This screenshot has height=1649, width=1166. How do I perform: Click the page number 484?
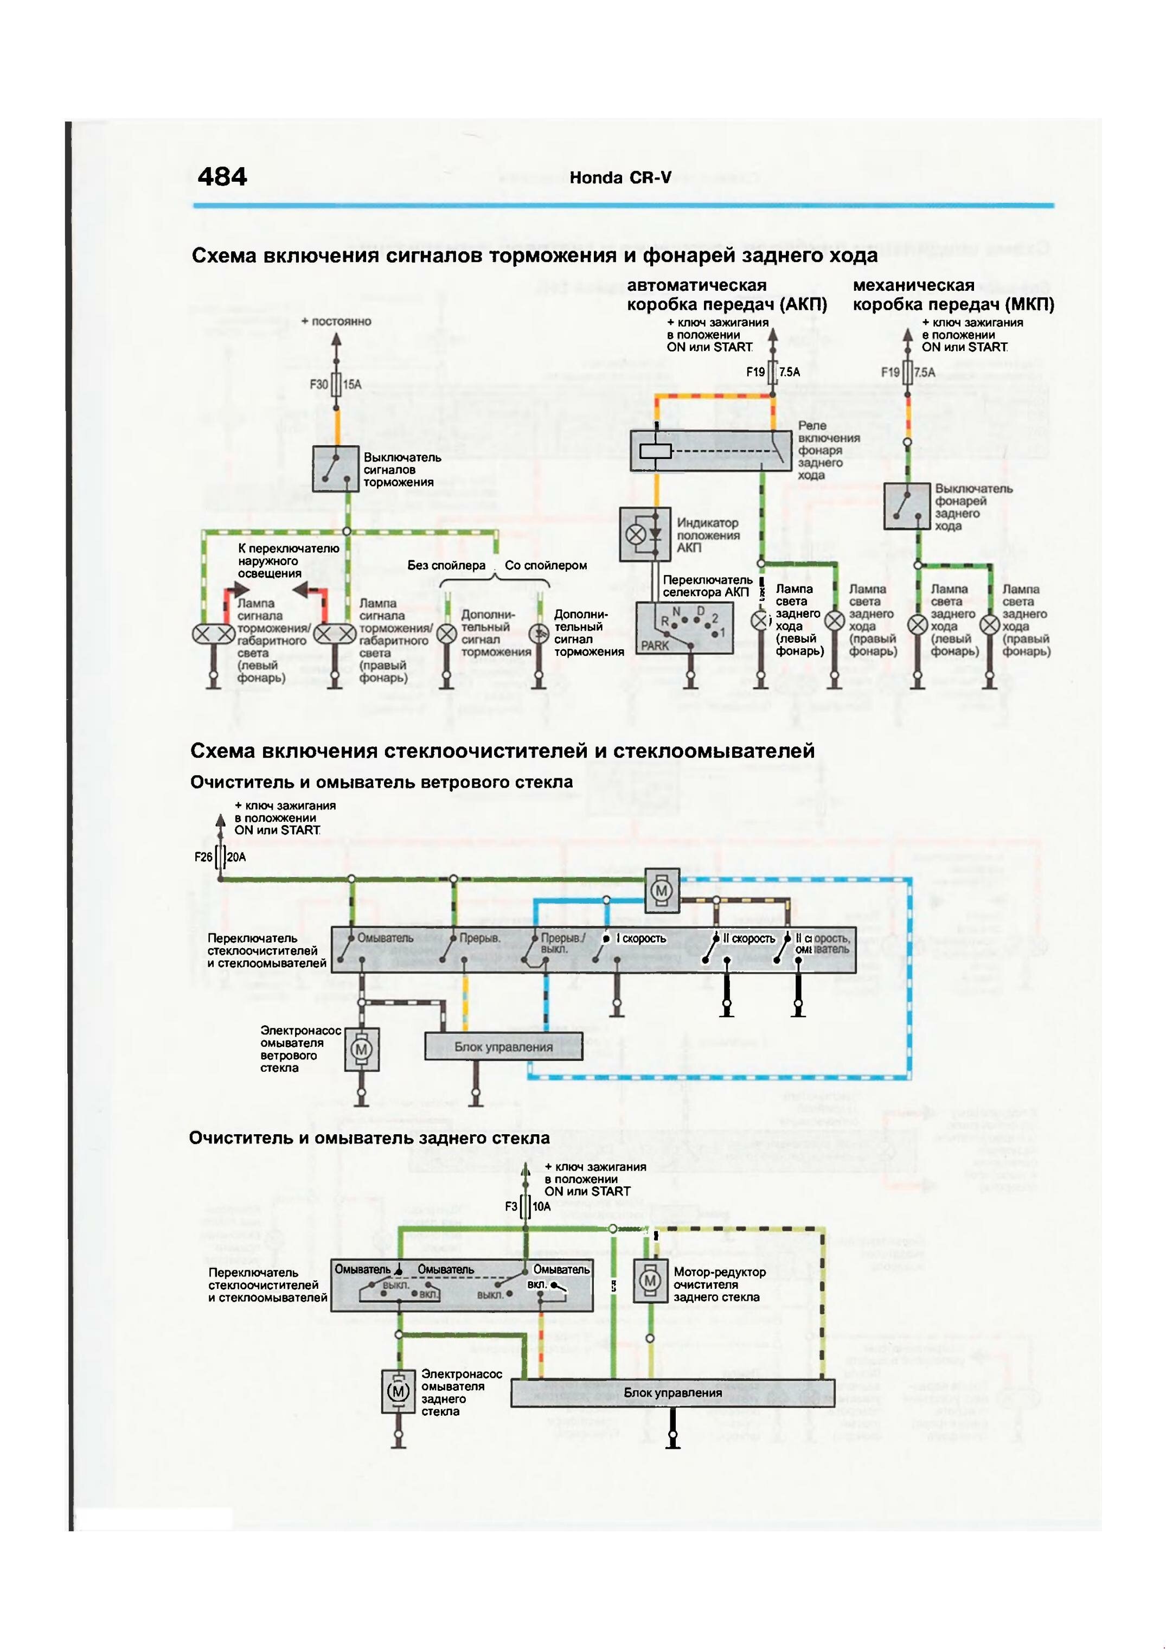click(x=222, y=177)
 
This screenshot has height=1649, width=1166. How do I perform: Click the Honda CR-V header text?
click(x=620, y=178)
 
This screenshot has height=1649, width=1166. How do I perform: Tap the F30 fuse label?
click(x=319, y=384)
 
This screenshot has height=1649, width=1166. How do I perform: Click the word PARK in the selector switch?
click(x=655, y=645)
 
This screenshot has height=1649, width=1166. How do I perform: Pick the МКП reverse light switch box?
click(x=907, y=506)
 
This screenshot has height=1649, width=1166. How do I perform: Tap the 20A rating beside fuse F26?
click(x=236, y=857)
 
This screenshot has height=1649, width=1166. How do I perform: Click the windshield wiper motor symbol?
click(x=661, y=891)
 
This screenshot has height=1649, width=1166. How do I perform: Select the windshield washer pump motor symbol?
click(x=361, y=1050)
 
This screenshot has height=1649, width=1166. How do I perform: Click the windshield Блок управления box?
click(x=503, y=1046)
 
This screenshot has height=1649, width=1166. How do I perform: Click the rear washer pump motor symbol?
click(x=399, y=1391)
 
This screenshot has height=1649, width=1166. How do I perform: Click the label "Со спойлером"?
click(x=546, y=565)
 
